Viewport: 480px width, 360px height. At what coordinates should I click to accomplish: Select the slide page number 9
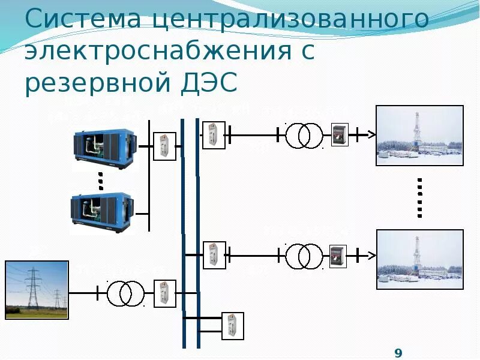[x=398, y=352]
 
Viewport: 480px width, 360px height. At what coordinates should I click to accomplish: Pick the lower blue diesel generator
[x=101, y=211]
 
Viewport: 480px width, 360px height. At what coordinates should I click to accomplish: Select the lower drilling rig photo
[x=419, y=259]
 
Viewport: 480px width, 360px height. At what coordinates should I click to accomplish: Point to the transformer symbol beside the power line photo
[x=126, y=293]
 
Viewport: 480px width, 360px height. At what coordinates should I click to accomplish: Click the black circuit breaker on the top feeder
[x=340, y=135]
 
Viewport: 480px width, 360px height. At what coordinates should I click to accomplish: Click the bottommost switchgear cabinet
[x=231, y=326]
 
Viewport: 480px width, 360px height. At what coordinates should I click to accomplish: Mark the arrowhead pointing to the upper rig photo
[x=371, y=135]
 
